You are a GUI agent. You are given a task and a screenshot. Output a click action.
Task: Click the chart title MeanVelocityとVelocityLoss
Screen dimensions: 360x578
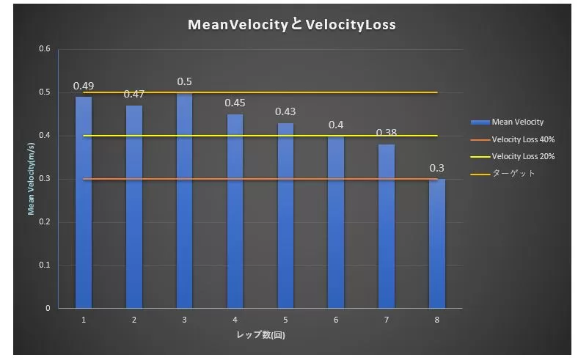pos(292,25)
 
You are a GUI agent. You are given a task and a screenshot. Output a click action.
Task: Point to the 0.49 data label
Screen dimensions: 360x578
pos(84,86)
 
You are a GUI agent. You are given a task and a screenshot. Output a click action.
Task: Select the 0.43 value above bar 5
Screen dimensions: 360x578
pos(285,111)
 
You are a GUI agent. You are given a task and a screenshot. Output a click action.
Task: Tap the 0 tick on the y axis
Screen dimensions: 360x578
pos(48,308)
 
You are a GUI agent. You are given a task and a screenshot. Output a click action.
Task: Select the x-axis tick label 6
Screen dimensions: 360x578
pos(336,320)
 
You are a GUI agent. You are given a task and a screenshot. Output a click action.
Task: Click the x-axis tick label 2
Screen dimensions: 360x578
pos(133,320)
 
